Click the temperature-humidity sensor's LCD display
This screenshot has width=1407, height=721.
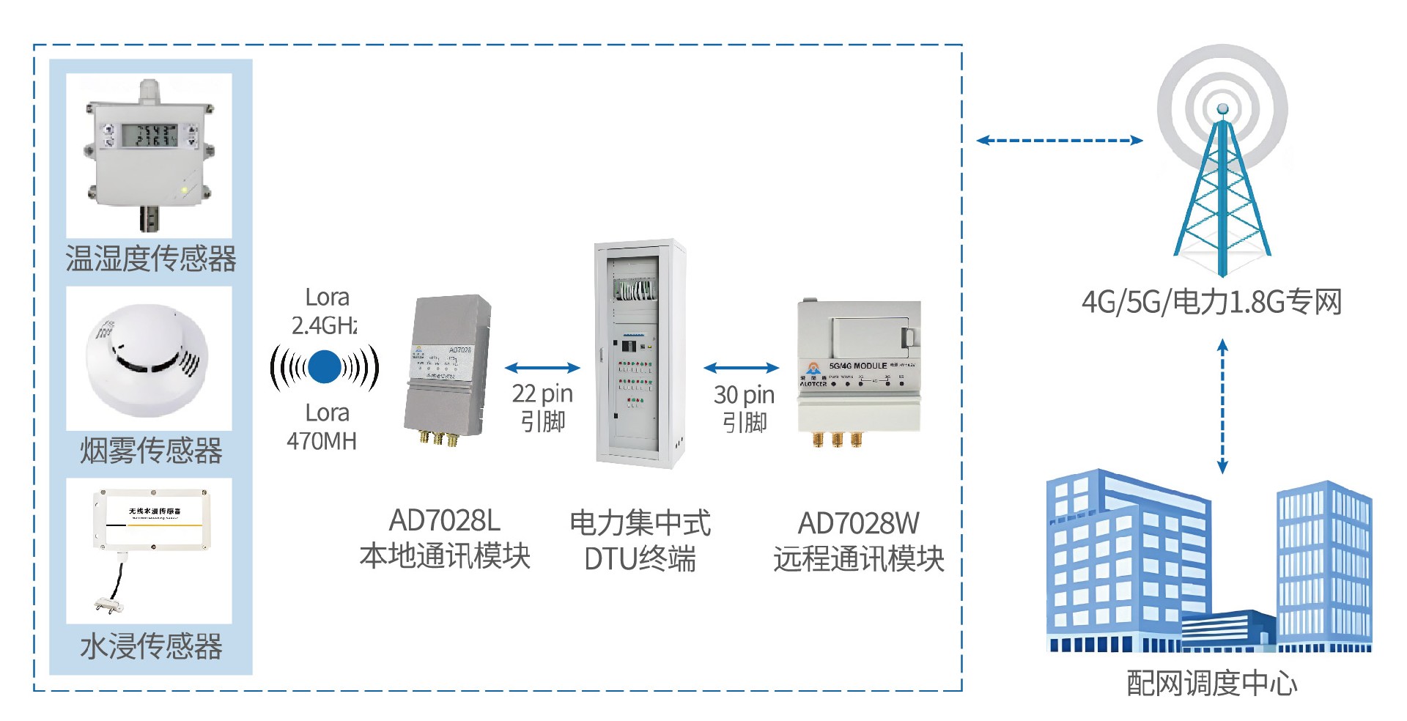click(x=149, y=135)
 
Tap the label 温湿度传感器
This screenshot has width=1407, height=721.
click(x=151, y=259)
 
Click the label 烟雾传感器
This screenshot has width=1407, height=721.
click(x=151, y=450)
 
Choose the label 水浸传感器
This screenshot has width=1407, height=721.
click(x=151, y=646)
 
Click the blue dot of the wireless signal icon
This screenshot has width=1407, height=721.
click(x=324, y=367)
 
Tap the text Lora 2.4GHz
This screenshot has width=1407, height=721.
click(x=325, y=311)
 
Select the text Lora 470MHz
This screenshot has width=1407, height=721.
click(x=323, y=427)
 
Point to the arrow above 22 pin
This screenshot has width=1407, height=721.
click(x=542, y=368)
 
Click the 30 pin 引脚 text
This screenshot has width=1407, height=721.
click(x=744, y=408)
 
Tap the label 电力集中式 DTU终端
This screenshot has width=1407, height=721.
click(x=640, y=541)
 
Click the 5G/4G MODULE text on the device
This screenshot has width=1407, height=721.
click(x=857, y=365)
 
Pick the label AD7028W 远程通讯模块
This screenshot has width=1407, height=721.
click(x=858, y=541)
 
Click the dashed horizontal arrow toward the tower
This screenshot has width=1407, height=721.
click(x=1060, y=140)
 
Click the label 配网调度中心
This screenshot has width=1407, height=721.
click(x=1211, y=683)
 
